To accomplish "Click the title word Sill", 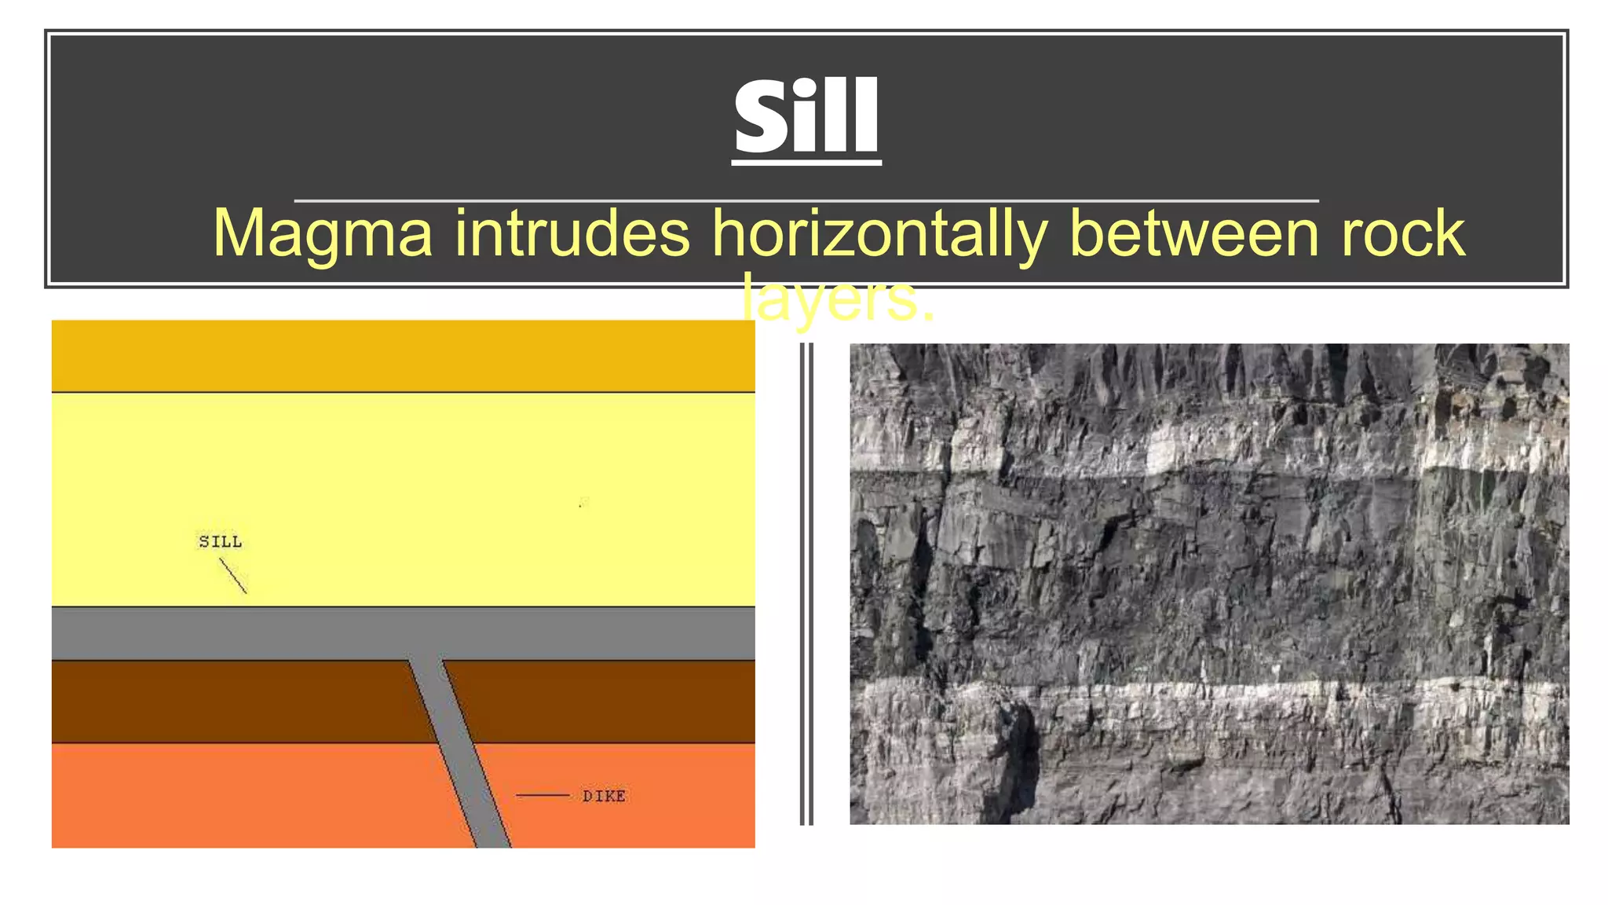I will (806, 118).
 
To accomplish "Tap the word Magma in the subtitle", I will (323, 234).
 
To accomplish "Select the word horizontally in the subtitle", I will (879, 234).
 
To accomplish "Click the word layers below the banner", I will (837, 299).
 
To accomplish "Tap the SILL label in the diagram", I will (221, 541).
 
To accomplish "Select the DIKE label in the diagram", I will (604, 796).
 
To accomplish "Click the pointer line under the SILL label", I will (233, 575).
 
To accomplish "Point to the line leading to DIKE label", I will (543, 796).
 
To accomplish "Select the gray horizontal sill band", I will (236, 633).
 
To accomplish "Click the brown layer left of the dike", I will (228, 702).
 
